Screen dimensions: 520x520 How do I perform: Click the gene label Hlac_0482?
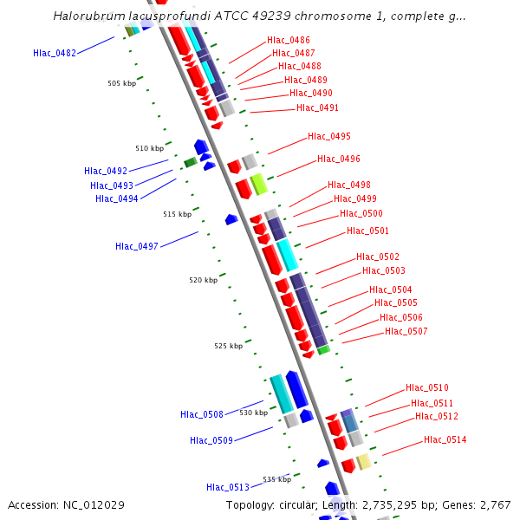click(55, 53)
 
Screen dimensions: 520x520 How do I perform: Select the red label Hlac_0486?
click(289, 41)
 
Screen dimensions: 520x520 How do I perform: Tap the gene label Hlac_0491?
click(317, 108)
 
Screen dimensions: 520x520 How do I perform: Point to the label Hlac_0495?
click(329, 137)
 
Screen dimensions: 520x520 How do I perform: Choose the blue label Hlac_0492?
click(106, 171)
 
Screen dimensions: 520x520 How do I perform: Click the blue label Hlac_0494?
click(117, 198)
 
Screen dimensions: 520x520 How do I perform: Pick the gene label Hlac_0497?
click(137, 246)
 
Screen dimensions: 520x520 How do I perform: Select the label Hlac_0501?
click(367, 231)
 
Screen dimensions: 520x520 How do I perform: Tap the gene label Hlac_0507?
click(406, 332)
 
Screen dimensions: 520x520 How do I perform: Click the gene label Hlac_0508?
click(202, 414)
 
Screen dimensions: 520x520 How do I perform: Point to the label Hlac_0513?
click(228, 487)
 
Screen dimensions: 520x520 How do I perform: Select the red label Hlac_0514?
click(445, 440)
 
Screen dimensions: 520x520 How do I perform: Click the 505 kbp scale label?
click(121, 83)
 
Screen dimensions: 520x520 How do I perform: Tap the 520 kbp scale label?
click(204, 280)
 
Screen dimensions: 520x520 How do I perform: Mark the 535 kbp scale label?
click(277, 479)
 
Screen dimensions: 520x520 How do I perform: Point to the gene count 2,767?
click(495, 505)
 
